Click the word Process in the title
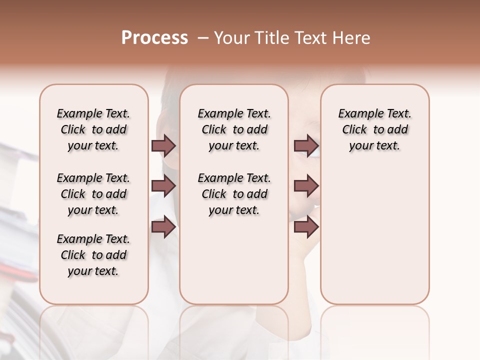[154, 38]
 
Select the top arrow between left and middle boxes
[163, 146]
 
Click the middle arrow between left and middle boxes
[163, 186]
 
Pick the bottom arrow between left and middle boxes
[163, 227]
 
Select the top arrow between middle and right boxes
[306, 146]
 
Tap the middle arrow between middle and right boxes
[306, 186]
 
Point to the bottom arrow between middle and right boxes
[306, 227]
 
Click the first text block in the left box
[93, 129]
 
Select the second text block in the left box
[93, 194]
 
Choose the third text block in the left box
[93, 255]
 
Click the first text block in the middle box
[234, 129]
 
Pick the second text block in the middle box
[234, 194]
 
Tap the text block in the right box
[375, 129]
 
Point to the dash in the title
[203, 38]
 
